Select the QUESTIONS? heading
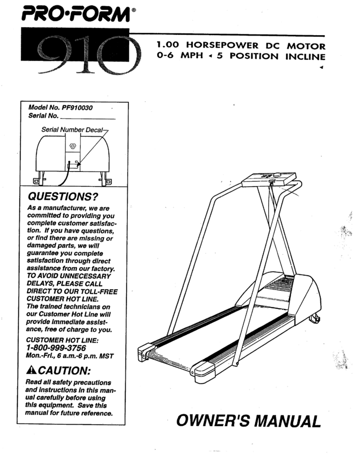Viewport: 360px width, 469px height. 62,196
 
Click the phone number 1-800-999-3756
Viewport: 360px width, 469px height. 56,347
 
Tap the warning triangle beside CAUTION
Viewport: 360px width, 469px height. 30,370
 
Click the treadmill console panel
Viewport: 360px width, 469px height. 269,178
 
